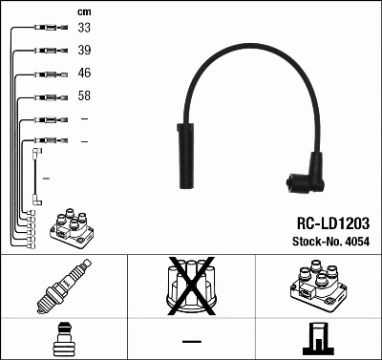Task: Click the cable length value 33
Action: pos(84,28)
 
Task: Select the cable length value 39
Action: pos(84,50)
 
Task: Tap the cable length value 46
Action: pos(84,73)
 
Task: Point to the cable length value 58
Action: pos(84,95)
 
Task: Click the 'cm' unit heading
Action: pos(83,11)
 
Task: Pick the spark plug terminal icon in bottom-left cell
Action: pos(63,339)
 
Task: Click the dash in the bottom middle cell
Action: pos(191,341)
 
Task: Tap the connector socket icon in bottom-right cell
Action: pos(318,339)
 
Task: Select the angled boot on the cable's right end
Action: pos(306,175)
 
